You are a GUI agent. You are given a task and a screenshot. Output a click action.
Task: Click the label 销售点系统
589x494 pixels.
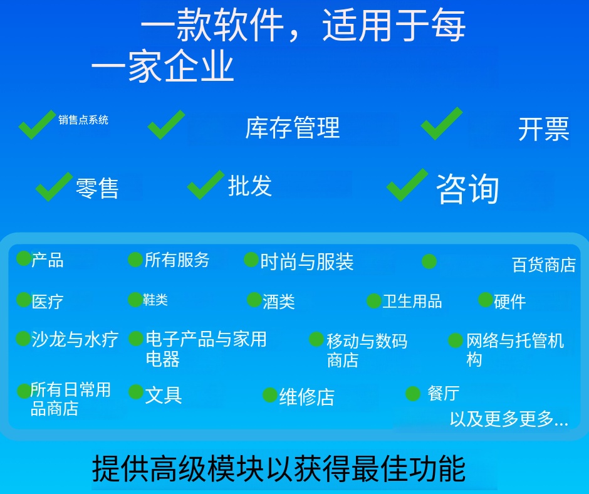coord(83,120)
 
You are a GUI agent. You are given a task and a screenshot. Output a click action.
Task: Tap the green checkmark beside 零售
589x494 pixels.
coord(54,186)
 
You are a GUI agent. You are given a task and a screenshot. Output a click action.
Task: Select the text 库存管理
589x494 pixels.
coord(293,127)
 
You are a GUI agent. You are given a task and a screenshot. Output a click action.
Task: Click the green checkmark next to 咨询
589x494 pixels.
coord(407,184)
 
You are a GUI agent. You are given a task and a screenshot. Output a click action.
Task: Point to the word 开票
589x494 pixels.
coord(544,129)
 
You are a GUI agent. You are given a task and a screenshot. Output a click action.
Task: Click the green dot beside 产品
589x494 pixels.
coord(24,258)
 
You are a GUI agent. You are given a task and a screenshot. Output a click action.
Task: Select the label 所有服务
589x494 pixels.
coord(177,260)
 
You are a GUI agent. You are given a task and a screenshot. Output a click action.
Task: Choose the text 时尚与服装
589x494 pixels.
coord(307,262)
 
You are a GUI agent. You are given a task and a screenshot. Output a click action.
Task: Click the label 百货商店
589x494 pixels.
coord(544,265)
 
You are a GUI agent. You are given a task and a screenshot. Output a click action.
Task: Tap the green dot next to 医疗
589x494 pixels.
coord(24,300)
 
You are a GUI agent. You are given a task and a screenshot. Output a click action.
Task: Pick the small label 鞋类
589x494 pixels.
coord(155,300)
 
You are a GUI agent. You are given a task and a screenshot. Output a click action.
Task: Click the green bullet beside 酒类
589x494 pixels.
coord(254,300)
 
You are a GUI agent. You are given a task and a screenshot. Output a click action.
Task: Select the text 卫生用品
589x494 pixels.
coord(412,301)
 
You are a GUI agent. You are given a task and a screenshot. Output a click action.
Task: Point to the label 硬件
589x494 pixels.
coord(510,302)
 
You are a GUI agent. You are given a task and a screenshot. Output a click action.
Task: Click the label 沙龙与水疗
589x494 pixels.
coord(75,339)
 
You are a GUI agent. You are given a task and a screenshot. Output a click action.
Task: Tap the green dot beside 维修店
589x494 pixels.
coord(269,395)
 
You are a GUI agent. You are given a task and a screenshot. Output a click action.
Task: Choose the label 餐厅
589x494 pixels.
coord(444,393)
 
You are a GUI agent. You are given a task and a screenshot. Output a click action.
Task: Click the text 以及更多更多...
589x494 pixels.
coord(509,418)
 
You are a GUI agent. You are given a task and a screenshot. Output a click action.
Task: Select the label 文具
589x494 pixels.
coord(164,395)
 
